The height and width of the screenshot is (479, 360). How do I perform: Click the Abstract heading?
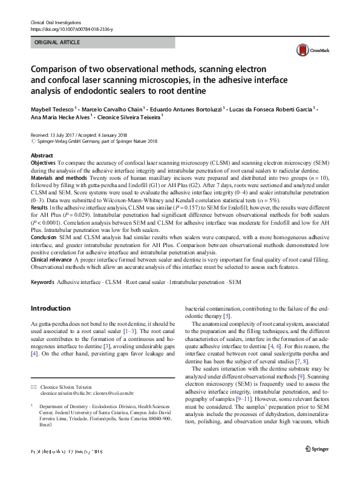42,156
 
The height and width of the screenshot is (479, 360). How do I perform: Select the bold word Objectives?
44,164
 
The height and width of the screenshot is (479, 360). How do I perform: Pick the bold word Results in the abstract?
39,207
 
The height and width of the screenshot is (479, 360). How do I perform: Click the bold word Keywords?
42,282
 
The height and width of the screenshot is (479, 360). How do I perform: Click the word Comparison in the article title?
66,68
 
